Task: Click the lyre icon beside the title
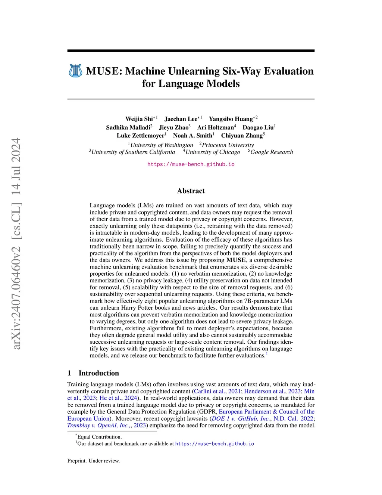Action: tap(76, 71)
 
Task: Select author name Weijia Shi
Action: tap(139, 119)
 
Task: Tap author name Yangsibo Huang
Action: tap(231, 119)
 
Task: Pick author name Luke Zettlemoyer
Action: tap(140, 136)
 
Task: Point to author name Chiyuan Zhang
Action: tap(242, 136)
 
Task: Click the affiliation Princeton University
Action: tap(228, 145)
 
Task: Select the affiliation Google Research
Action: tap(272, 152)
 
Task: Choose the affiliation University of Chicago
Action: tap(213, 152)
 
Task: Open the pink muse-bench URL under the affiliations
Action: tap(191, 164)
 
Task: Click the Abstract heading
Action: tap(191, 191)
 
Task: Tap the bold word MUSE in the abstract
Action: tap(236, 260)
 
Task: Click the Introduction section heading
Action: tap(98, 373)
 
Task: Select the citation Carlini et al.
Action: tap(210, 391)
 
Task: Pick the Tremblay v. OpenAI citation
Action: tap(99, 425)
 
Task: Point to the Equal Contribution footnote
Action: tap(99, 437)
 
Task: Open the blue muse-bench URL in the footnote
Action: tap(215, 444)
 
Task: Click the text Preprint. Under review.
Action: tap(94, 461)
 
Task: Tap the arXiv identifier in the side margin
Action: tap(16, 244)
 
